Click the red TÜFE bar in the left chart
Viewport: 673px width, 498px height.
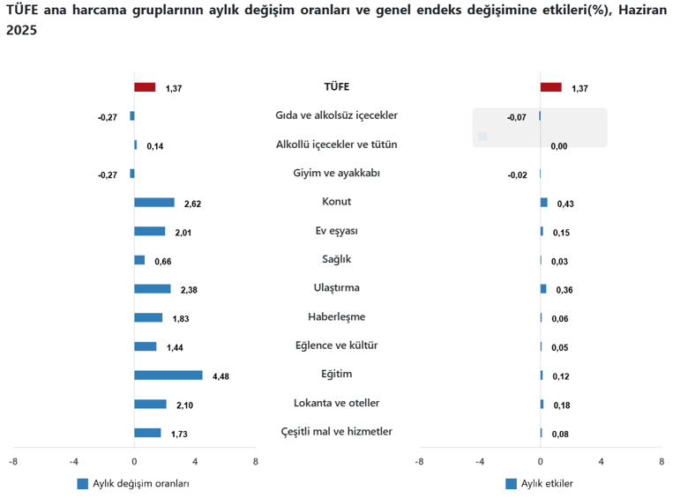(145, 87)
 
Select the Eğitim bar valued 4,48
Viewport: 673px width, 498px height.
(168, 375)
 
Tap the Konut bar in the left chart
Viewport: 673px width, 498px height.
(153, 203)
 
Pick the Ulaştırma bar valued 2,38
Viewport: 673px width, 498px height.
(152, 288)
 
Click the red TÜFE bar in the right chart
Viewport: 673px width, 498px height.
(550, 87)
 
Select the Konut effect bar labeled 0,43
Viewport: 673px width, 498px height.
(543, 203)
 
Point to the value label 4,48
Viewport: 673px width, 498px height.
(221, 376)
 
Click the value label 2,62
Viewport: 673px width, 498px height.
(192, 204)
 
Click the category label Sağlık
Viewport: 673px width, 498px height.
(336, 259)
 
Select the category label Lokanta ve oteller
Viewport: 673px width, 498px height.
(336, 403)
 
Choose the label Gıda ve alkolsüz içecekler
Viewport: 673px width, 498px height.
(336, 115)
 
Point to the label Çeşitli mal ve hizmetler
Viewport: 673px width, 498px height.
(336, 432)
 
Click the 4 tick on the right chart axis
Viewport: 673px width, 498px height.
(601, 461)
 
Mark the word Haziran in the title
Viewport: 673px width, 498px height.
(639, 10)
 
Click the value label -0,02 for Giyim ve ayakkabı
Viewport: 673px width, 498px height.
(517, 175)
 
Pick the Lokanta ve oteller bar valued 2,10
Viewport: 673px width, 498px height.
(150, 404)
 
